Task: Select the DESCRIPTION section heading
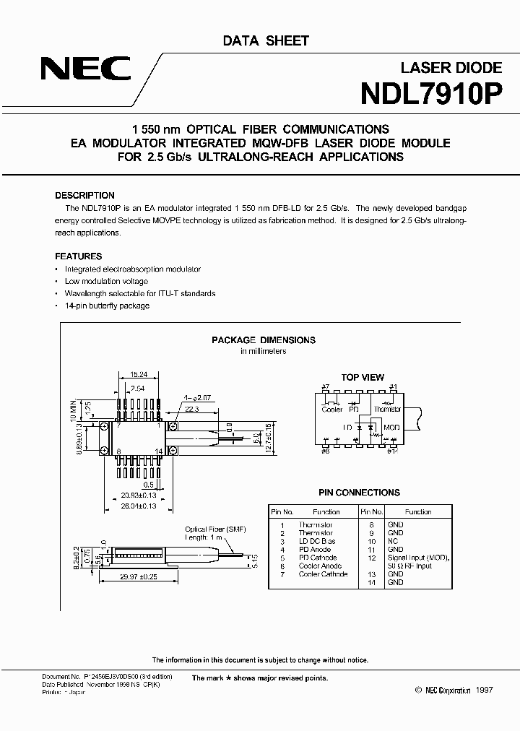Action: pyautogui.click(x=84, y=196)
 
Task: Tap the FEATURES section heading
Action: pyautogui.click(x=79, y=256)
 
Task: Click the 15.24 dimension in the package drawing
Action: pyautogui.click(x=139, y=375)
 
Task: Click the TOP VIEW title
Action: pyautogui.click(x=363, y=377)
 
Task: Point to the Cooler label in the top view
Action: pyautogui.click(x=332, y=409)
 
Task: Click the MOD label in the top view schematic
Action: pyautogui.click(x=391, y=427)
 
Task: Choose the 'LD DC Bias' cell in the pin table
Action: pyautogui.click(x=316, y=541)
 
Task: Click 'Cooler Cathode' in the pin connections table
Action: pyautogui.click(x=323, y=574)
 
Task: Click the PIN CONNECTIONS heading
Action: pyautogui.click(x=358, y=493)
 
